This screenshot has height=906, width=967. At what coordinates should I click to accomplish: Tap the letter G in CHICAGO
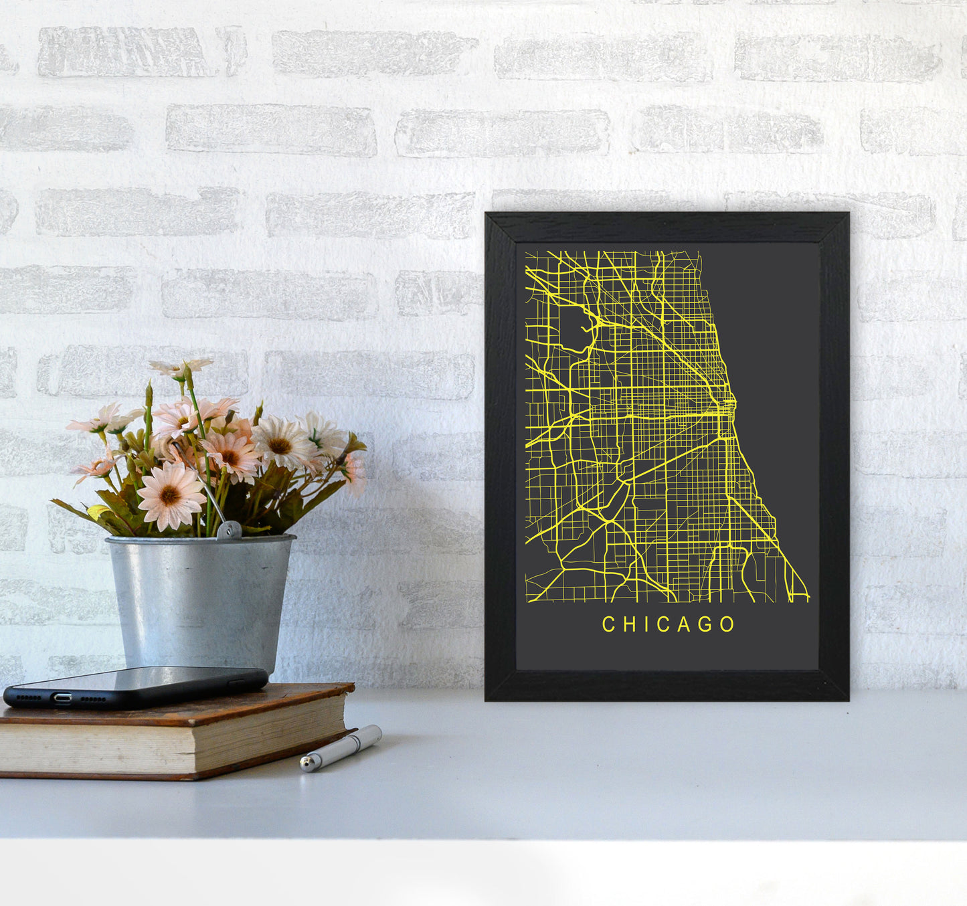705,624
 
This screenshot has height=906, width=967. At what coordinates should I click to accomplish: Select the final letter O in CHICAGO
727,624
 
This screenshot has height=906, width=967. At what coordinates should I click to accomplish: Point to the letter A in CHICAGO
683,624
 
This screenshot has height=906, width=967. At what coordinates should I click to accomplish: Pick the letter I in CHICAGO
644,624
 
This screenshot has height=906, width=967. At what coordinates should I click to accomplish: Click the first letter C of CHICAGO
608,624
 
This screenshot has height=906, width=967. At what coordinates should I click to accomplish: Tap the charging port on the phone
62,698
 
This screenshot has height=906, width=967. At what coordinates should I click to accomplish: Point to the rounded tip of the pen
306,763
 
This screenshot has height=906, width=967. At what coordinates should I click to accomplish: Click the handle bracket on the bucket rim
229,531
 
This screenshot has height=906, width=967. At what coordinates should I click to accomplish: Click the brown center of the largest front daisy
170,496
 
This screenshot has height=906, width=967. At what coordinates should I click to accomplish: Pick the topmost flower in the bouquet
181,367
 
